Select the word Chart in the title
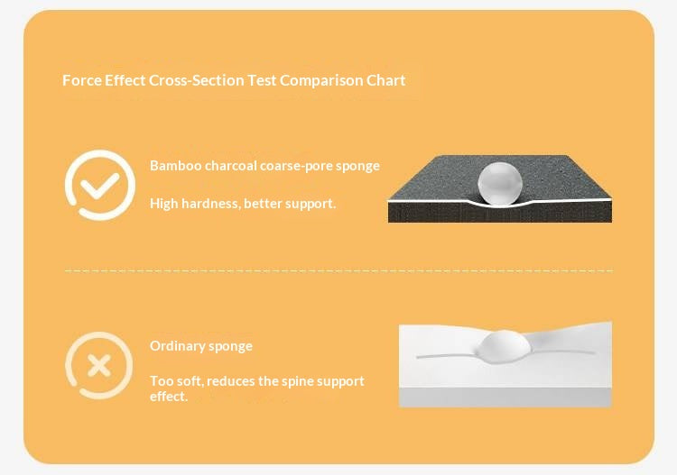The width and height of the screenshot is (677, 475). click(x=385, y=80)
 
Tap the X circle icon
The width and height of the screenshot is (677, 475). click(x=99, y=366)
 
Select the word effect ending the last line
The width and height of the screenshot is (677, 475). click(x=168, y=396)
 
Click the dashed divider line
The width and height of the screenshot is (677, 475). click(x=338, y=270)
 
